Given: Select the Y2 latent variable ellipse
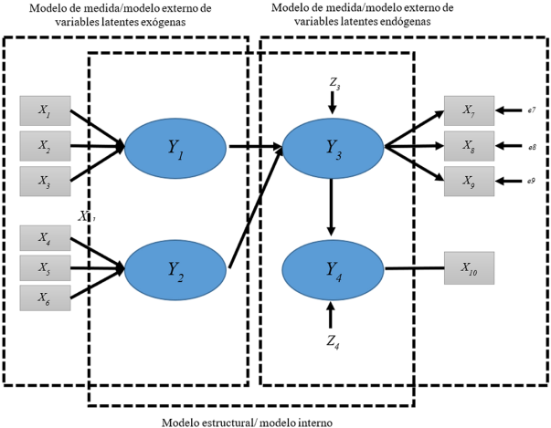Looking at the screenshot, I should (175, 268).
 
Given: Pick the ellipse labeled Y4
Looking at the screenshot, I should (333, 268).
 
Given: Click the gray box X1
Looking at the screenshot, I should (44, 110).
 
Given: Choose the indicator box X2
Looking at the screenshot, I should (44, 145).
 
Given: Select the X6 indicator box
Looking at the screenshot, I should (44, 298).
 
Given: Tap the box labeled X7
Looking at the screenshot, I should (468, 111).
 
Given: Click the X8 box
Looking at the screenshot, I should (468, 145).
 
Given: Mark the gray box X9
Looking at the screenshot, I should (468, 178).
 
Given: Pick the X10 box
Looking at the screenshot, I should (468, 268).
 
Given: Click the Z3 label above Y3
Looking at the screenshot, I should (334, 84).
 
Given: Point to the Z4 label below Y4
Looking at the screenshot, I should (333, 343).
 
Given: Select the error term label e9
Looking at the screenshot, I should (530, 179).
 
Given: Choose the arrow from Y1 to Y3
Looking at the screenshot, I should (253, 146).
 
